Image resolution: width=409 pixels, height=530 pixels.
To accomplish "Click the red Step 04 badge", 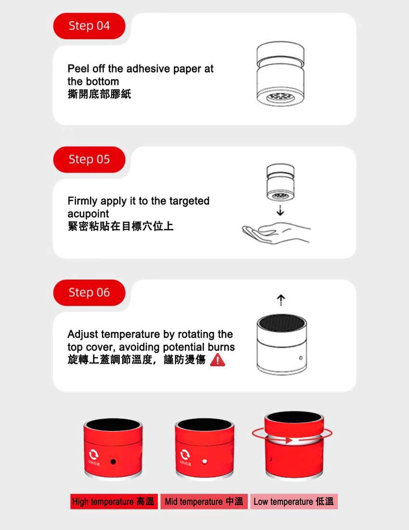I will pos(89,26).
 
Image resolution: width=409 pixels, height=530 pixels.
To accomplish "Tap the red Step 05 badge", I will pos(89,159).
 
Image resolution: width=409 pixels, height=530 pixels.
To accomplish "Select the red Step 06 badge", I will pos(89,292).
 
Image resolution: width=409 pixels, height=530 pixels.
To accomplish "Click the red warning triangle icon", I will pos(217,360).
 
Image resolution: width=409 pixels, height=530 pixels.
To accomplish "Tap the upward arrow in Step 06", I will pos(281,300).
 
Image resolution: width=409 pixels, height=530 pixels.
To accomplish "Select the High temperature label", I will pos(114,502).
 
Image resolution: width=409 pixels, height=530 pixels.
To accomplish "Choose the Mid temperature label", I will pos(204,502).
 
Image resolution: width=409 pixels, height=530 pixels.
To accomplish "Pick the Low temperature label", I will pos(294,502).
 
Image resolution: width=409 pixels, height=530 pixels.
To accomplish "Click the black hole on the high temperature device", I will pos(113,462).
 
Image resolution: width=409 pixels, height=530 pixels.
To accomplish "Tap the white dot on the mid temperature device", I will pos(205,462).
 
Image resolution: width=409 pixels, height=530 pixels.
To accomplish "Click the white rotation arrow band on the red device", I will pos(292,440).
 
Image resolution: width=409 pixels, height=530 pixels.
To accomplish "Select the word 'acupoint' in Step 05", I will pos(88,213).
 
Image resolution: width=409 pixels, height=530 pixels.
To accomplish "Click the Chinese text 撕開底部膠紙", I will pos(99,93).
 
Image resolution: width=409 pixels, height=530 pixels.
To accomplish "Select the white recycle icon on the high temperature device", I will pos(92,454).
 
